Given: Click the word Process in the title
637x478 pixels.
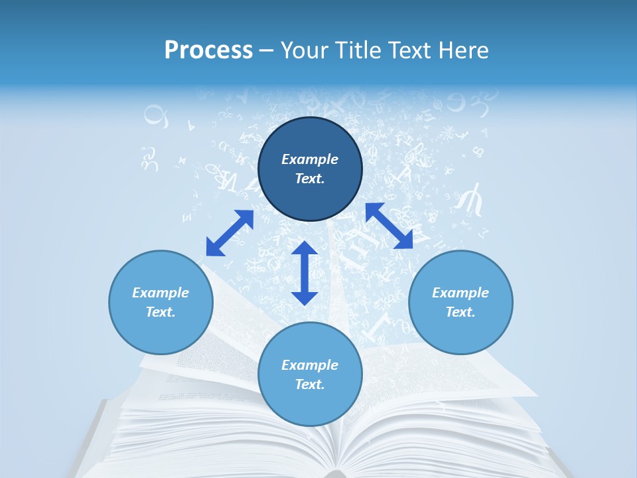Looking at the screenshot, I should [208, 50].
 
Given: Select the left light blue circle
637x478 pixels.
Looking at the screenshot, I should [161, 332].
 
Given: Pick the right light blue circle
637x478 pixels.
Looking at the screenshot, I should [460, 332].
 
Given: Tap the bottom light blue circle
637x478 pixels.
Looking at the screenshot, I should [310, 405].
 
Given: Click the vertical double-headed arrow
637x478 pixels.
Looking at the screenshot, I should [305, 273].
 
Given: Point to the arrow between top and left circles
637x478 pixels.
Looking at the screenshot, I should [230, 233].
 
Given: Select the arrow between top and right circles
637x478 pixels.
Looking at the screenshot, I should [389, 226].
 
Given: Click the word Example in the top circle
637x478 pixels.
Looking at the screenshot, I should [310, 159].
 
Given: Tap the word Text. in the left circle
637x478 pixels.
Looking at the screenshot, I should [161, 312].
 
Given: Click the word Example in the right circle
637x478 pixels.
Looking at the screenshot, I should [460, 293].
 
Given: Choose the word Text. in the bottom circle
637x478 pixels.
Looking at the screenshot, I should [310, 384].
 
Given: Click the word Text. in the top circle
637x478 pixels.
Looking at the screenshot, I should [310, 179].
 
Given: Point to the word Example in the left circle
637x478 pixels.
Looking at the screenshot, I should [161, 293].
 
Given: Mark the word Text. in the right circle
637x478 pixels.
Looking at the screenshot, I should [460, 312].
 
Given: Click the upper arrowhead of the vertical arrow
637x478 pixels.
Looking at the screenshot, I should [305, 249].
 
